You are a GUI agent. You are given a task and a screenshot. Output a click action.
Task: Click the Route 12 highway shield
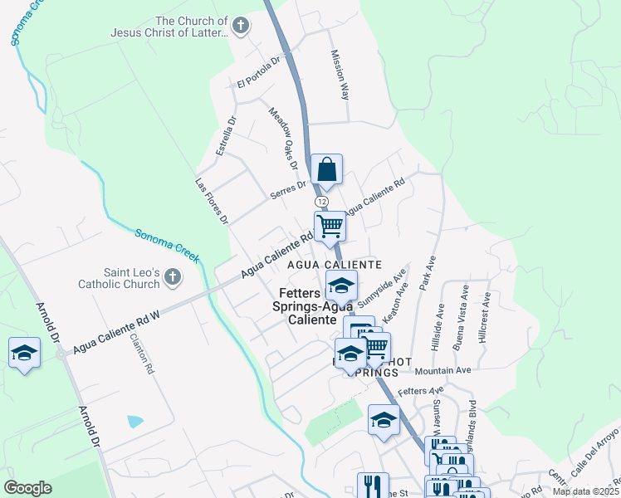[x=321, y=202]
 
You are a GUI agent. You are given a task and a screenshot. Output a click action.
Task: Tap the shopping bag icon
[x=327, y=169]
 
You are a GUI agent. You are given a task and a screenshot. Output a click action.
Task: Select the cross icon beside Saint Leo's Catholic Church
[x=172, y=276]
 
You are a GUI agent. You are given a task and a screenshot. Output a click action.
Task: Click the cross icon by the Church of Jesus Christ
[x=241, y=26]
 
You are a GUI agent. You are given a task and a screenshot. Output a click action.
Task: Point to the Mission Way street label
[x=340, y=75]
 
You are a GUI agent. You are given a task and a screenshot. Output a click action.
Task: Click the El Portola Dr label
[x=261, y=71]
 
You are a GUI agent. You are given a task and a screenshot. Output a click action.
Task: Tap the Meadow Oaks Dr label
[x=281, y=134]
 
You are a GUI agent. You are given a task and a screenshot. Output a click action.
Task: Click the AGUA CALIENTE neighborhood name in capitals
[x=335, y=265]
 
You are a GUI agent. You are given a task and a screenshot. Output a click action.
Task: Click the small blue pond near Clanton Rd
[x=135, y=422]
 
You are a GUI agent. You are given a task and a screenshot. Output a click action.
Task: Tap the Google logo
[x=27, y=488]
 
